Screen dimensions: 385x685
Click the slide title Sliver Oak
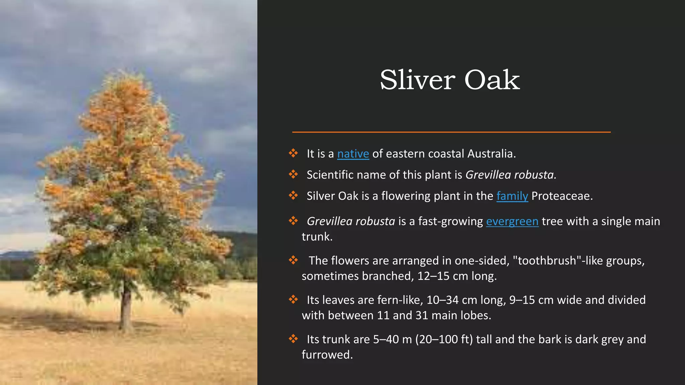coord(450,80)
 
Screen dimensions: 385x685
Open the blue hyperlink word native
coord(353,154)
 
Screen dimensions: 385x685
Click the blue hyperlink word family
coord(512,196)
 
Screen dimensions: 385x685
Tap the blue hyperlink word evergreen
coord(512,221)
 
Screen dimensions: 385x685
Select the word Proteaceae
coord(562,196)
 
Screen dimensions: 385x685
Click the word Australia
coord(491,154)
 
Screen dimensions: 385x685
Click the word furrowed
coord(327,355)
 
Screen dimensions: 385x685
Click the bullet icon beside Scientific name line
coord(293,174)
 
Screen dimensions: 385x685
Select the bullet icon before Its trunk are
coord(293,339)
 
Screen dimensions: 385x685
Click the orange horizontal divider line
coord(451,132)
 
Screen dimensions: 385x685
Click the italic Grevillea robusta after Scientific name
coord(510,175)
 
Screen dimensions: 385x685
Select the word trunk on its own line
coord(316,237)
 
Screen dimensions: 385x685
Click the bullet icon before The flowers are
coord(293,260)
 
